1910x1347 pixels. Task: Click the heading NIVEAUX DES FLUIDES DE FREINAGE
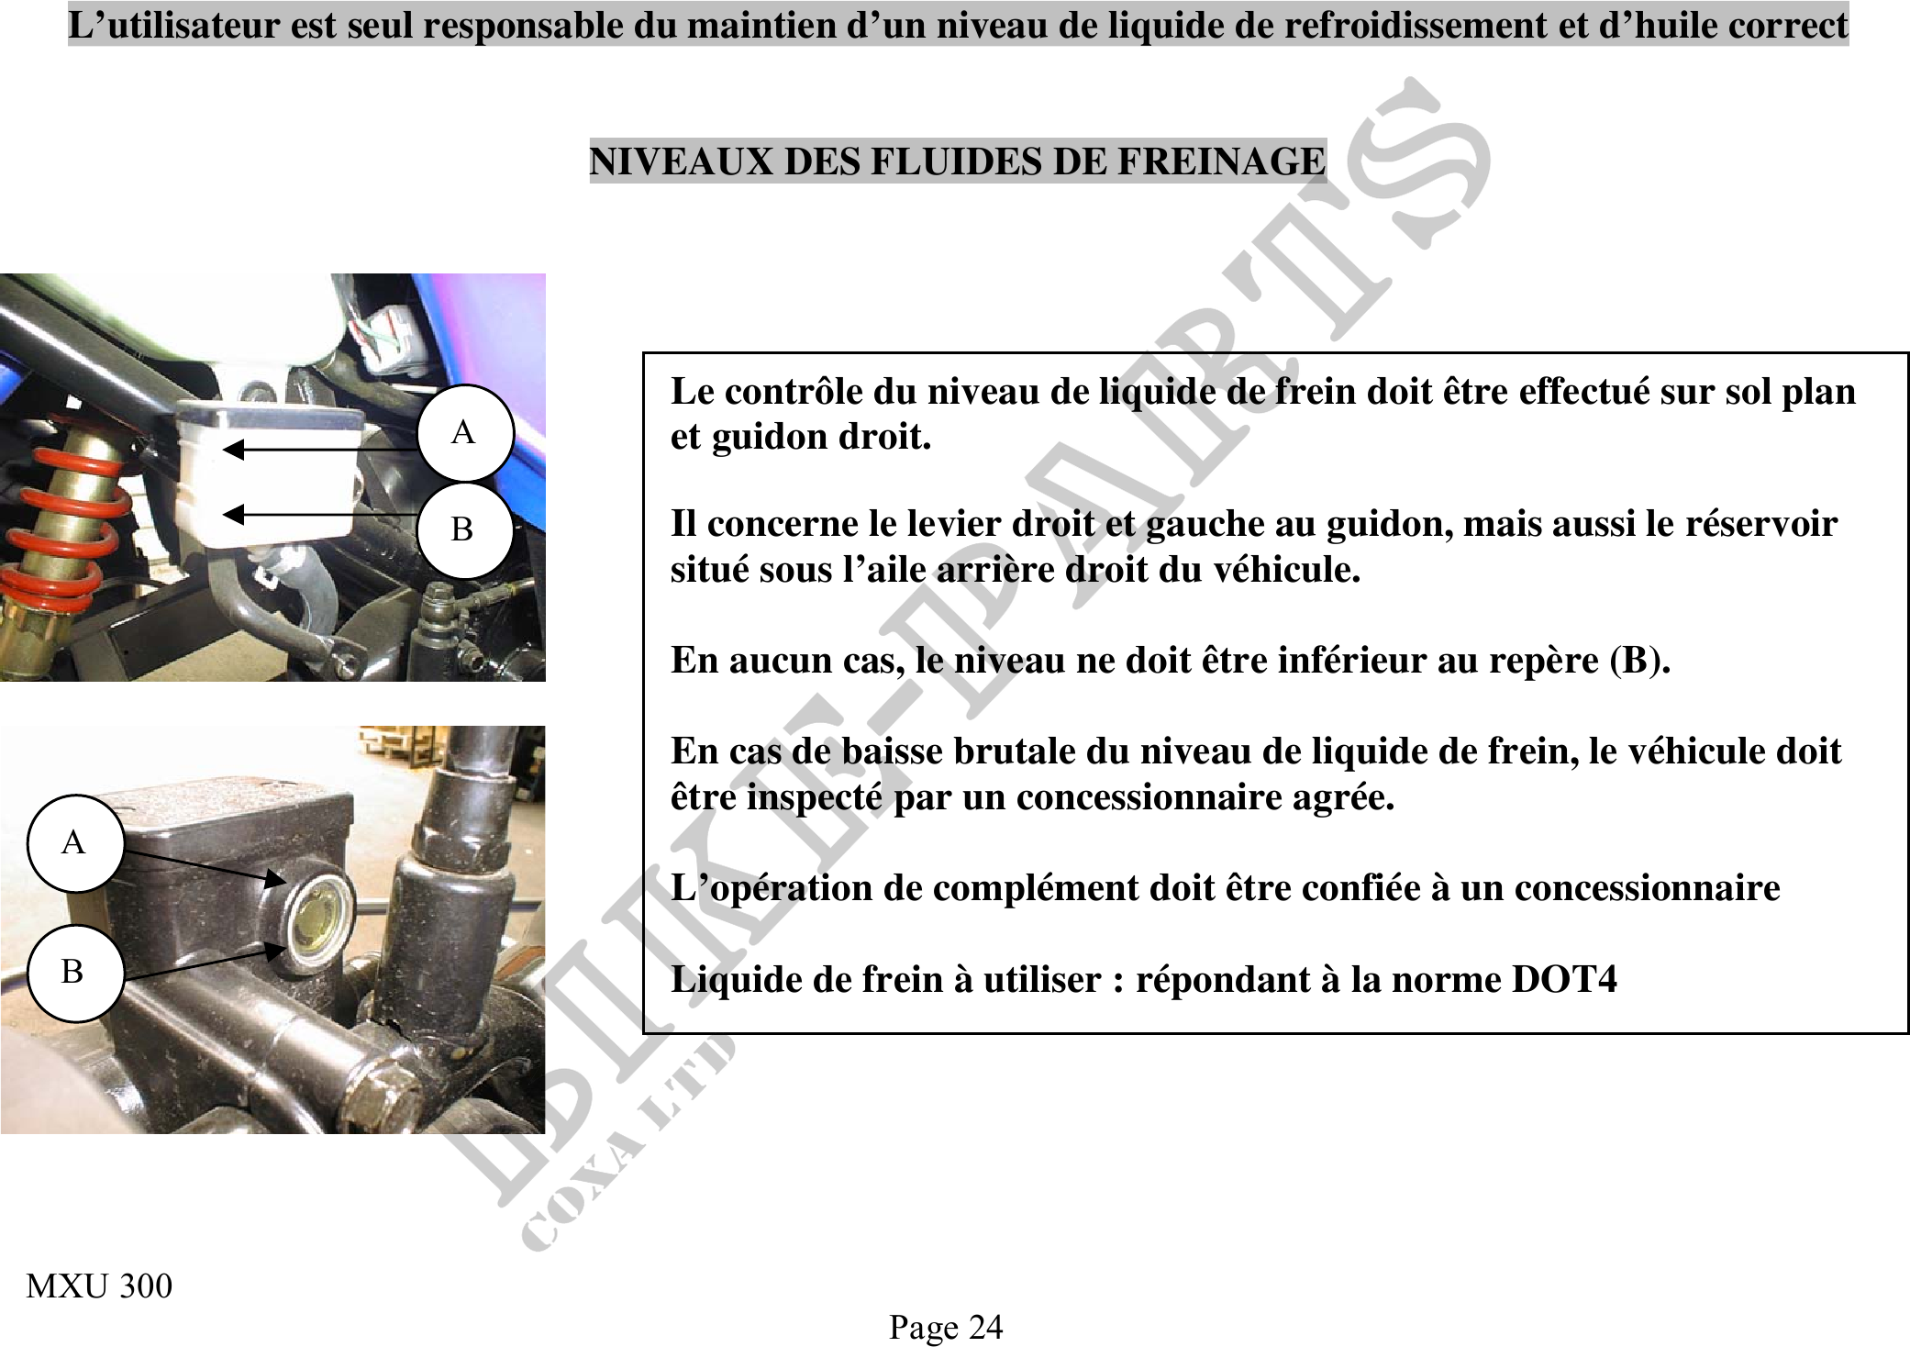957,161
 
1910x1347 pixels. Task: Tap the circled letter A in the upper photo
464,432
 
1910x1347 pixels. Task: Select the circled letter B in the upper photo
463,529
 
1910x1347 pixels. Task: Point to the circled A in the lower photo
74,842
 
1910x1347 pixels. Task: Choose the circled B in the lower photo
73,972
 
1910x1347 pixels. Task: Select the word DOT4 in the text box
1563,979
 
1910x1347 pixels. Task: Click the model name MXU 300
99,1286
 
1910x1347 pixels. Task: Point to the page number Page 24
946,1327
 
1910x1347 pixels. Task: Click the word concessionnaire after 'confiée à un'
1647,888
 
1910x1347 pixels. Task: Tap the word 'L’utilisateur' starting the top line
174,25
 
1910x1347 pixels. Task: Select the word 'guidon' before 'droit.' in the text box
772,437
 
